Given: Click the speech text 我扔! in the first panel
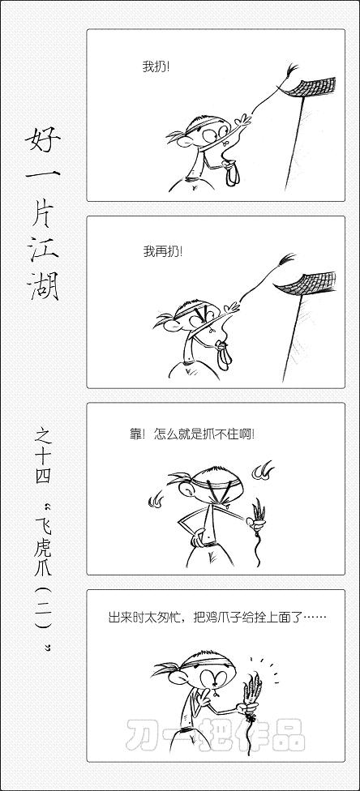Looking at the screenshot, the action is (x=156, y=66).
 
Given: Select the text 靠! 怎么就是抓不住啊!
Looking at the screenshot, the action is (x=192, y=434).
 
